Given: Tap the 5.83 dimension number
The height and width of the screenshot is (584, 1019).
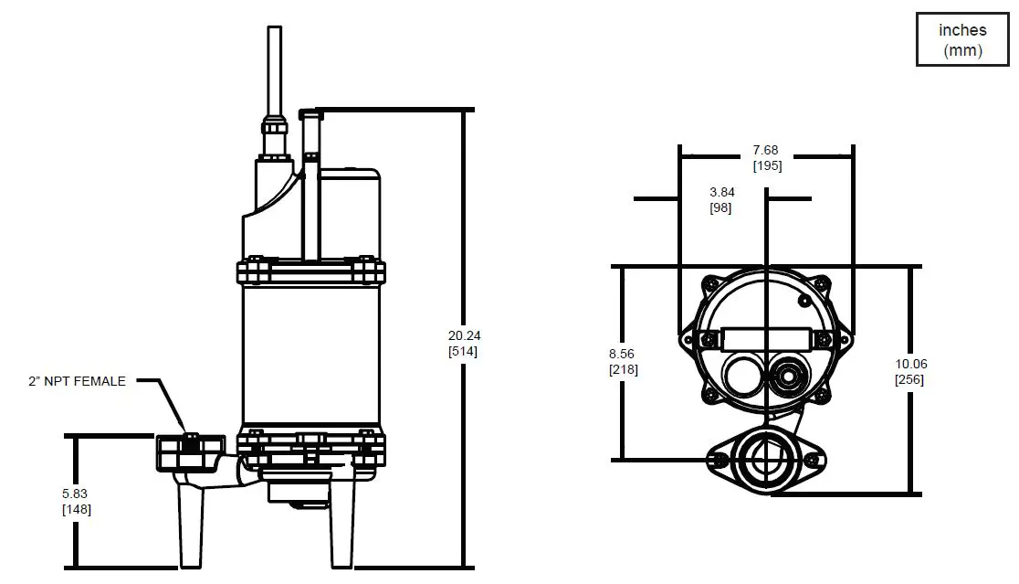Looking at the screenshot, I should click(x=76, y=492).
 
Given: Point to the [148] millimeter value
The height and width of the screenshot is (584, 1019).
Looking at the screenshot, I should click(x=76, y=509).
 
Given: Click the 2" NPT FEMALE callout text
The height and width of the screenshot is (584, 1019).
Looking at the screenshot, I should click(x=78, y=381).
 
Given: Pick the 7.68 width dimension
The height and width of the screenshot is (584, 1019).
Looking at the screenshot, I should click(x=767, y=150).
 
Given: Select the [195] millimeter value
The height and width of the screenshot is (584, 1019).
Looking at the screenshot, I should click(x=767, y=165).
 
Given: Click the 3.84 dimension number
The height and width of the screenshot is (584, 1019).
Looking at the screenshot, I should click(x=721, y=192).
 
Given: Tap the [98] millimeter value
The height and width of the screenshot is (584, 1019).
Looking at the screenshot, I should click(x=721, y=207).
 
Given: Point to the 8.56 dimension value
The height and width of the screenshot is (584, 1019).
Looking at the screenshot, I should click(x=622, y=354).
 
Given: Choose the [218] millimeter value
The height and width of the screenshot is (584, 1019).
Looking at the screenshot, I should click(x=623, y=369).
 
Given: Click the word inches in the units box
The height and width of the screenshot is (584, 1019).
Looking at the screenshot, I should click(x=962, y=30).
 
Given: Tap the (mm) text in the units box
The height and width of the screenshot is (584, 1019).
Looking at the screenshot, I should click(x=962, y=50).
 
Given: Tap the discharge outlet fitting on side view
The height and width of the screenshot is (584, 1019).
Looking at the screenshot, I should click(x=190, y=451).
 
